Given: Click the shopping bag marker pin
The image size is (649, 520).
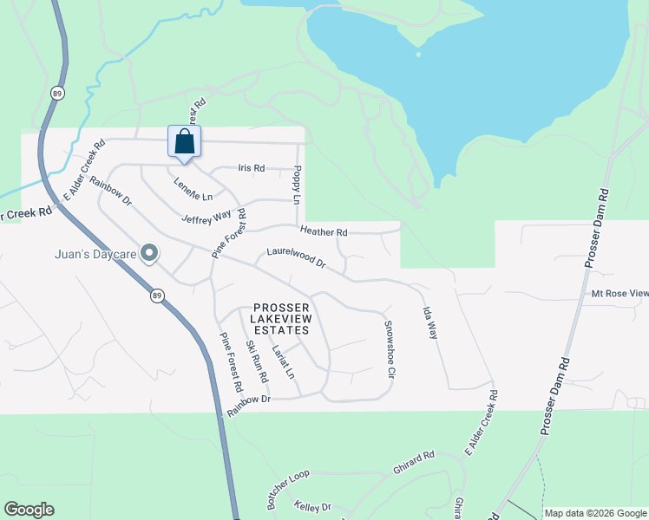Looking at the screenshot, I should coord(184,142).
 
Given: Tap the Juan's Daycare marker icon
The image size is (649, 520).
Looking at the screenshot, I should coord(149,254).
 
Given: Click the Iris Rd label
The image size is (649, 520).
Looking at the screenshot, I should coord(250,168).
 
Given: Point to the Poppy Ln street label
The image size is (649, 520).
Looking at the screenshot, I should coord(296,185).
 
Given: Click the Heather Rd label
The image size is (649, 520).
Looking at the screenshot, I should coord(324,231).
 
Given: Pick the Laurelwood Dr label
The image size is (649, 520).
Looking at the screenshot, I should coord(295,257).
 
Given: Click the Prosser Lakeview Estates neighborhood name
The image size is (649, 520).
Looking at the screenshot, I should coord(280,319).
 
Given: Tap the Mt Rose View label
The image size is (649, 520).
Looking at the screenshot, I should coord(619,293).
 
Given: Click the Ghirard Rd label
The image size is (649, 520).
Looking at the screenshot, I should coord(413,457).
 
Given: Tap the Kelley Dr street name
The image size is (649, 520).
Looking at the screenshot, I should coord(312,506).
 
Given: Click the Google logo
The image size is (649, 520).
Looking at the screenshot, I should coord(29,510).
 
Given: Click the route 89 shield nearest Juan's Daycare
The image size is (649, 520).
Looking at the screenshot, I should coord(156,296).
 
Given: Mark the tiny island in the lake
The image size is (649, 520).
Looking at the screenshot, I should coord(418,54).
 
